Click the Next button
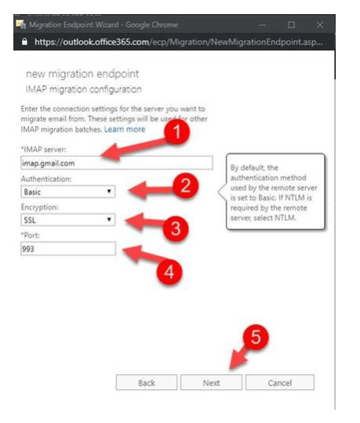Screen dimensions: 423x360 (211, 383)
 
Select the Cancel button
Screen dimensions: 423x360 (279, 383)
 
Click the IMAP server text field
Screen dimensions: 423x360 (116, 163)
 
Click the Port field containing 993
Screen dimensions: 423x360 (68, 249)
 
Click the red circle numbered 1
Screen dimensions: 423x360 (180, 133)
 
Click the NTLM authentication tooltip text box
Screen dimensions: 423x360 (274, 191)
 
